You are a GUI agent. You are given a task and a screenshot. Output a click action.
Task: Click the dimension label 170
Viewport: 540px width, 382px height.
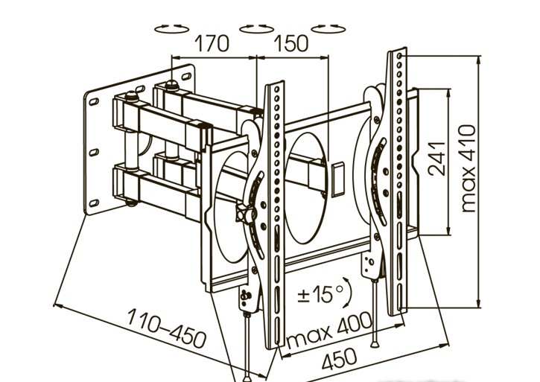[212, 44]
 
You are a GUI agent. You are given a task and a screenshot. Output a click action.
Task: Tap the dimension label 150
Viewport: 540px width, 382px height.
[291, 44]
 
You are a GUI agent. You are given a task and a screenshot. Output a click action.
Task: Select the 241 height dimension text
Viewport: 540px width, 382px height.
[437, 158]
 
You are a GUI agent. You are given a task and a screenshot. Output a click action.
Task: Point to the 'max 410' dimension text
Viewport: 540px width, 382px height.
[468, 169]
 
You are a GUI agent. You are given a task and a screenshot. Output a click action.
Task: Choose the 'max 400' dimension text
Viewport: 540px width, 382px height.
[329, 330]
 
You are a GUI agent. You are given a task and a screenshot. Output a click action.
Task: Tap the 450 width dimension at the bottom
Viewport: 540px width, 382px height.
[340, 359]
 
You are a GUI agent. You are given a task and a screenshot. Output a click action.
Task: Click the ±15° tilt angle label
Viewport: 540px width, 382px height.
[321, 294]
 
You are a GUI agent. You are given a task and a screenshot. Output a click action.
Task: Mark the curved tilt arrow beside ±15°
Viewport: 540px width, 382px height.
[348, 292]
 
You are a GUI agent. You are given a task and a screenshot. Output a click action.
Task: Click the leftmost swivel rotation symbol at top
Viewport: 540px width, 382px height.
[172, 29]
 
